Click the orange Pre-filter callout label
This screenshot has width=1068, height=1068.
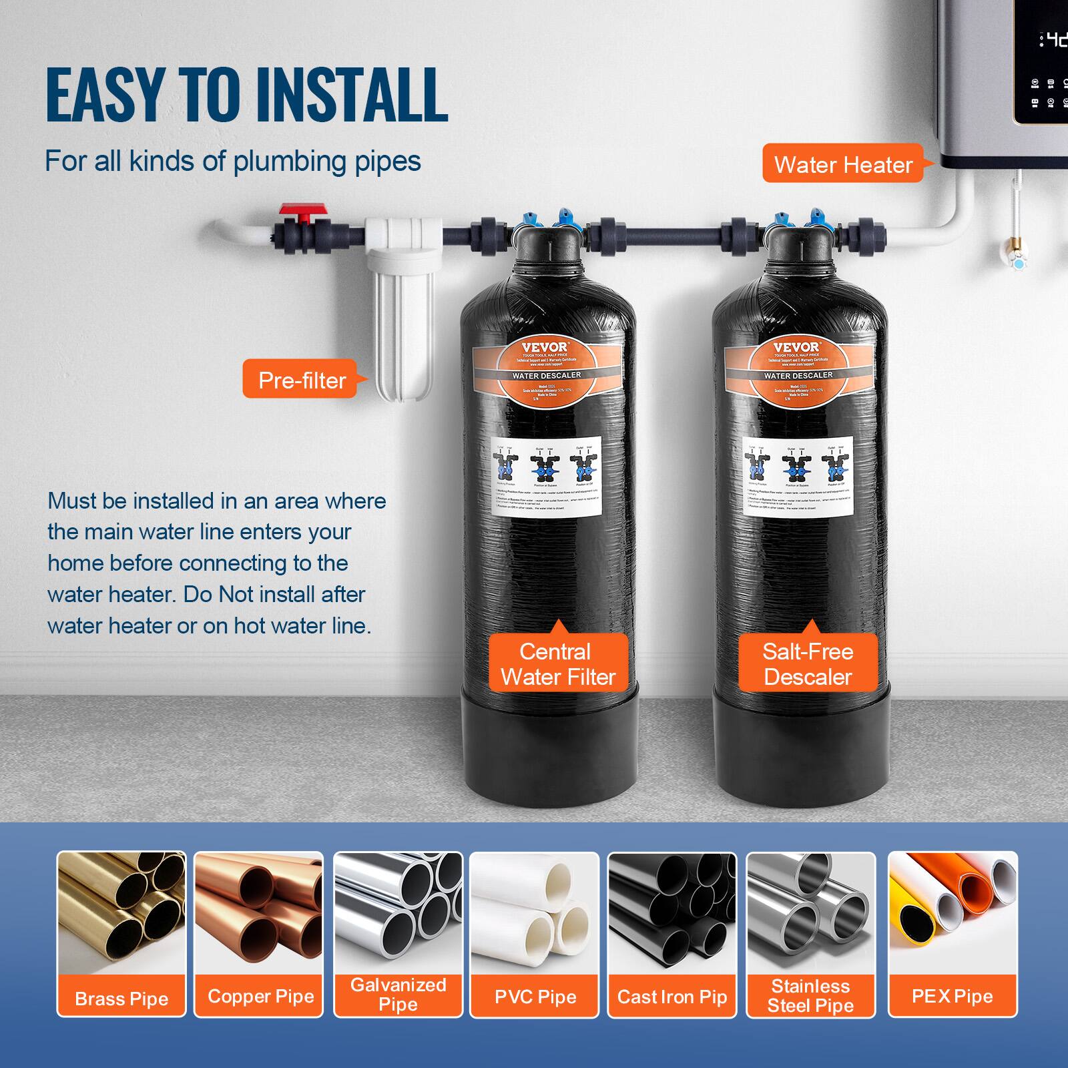[301, 380]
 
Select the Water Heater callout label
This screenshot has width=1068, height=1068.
[842, 164]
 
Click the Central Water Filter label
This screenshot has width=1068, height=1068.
[557, 664]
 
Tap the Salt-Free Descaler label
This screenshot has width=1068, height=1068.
[808, 664]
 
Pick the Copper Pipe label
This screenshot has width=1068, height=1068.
[260, 996]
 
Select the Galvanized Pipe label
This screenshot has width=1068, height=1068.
[398, 994]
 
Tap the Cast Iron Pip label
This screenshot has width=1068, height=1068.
[672, 997]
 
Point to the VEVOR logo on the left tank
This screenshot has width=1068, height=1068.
[545, 346]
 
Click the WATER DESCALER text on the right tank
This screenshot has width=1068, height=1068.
[798, 376]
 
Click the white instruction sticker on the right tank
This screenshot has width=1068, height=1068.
[798, 474]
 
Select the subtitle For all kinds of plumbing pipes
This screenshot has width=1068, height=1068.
[233, 162]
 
